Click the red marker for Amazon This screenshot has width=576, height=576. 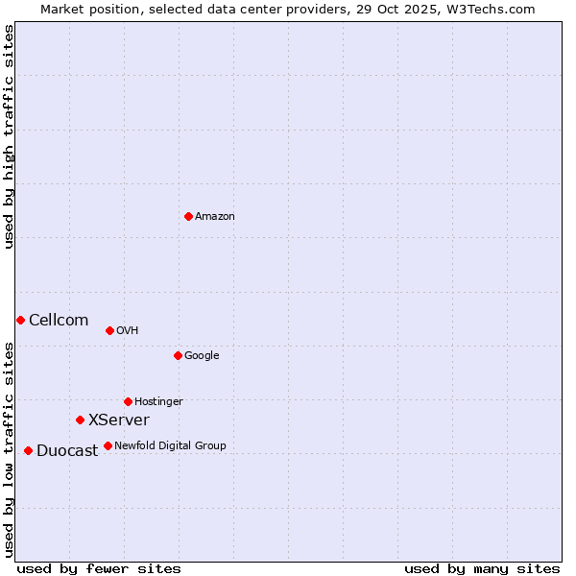click(188, 216)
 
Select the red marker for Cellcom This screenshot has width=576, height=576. click(20, 320)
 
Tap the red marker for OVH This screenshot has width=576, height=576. click(109, 330)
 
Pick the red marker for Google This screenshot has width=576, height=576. click(178, 355)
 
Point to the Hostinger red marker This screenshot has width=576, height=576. click(128, 401)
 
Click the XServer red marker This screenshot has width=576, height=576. click(80, 420)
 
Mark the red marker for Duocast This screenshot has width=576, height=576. click(28, 450)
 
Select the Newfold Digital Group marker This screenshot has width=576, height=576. click(108, 445)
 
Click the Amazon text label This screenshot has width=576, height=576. click(215, 217)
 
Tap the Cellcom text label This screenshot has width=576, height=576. click(59, 321)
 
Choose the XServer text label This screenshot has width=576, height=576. click(119, 420)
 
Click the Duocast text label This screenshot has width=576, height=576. click(67, 451)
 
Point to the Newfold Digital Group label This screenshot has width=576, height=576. click(170, 445)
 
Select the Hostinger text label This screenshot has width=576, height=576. click(158, 401)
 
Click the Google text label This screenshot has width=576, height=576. click(202, 355)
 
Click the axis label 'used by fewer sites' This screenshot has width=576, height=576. click(99, 568)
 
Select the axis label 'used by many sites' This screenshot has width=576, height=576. click(482, 568)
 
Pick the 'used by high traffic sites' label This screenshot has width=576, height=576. click(9, 136)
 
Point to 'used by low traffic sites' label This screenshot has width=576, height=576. click(9, 449)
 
